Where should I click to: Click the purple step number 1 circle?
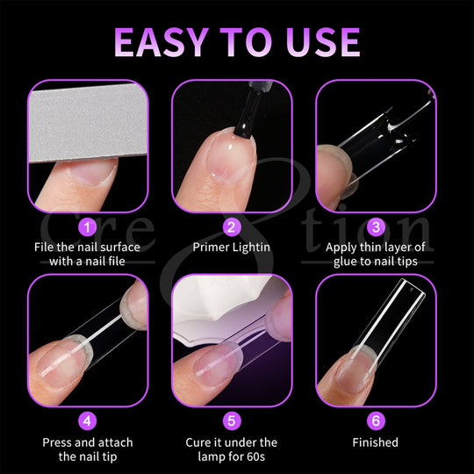[x=87, y=227]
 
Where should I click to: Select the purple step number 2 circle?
[x=231, y=227]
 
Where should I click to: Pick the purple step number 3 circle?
[x=376, y=227]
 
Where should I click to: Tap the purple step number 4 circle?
[x=87, y=420]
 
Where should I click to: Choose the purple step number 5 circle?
[x=231, y=420]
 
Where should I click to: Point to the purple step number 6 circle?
[x=376, y=420]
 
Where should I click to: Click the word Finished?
[x=376, y=442]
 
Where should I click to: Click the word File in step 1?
[x=44, y=248]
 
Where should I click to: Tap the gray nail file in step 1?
[x=89, y=124]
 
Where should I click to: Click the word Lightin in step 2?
[x=251, y=248]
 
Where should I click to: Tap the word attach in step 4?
[x=116, y=442]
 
